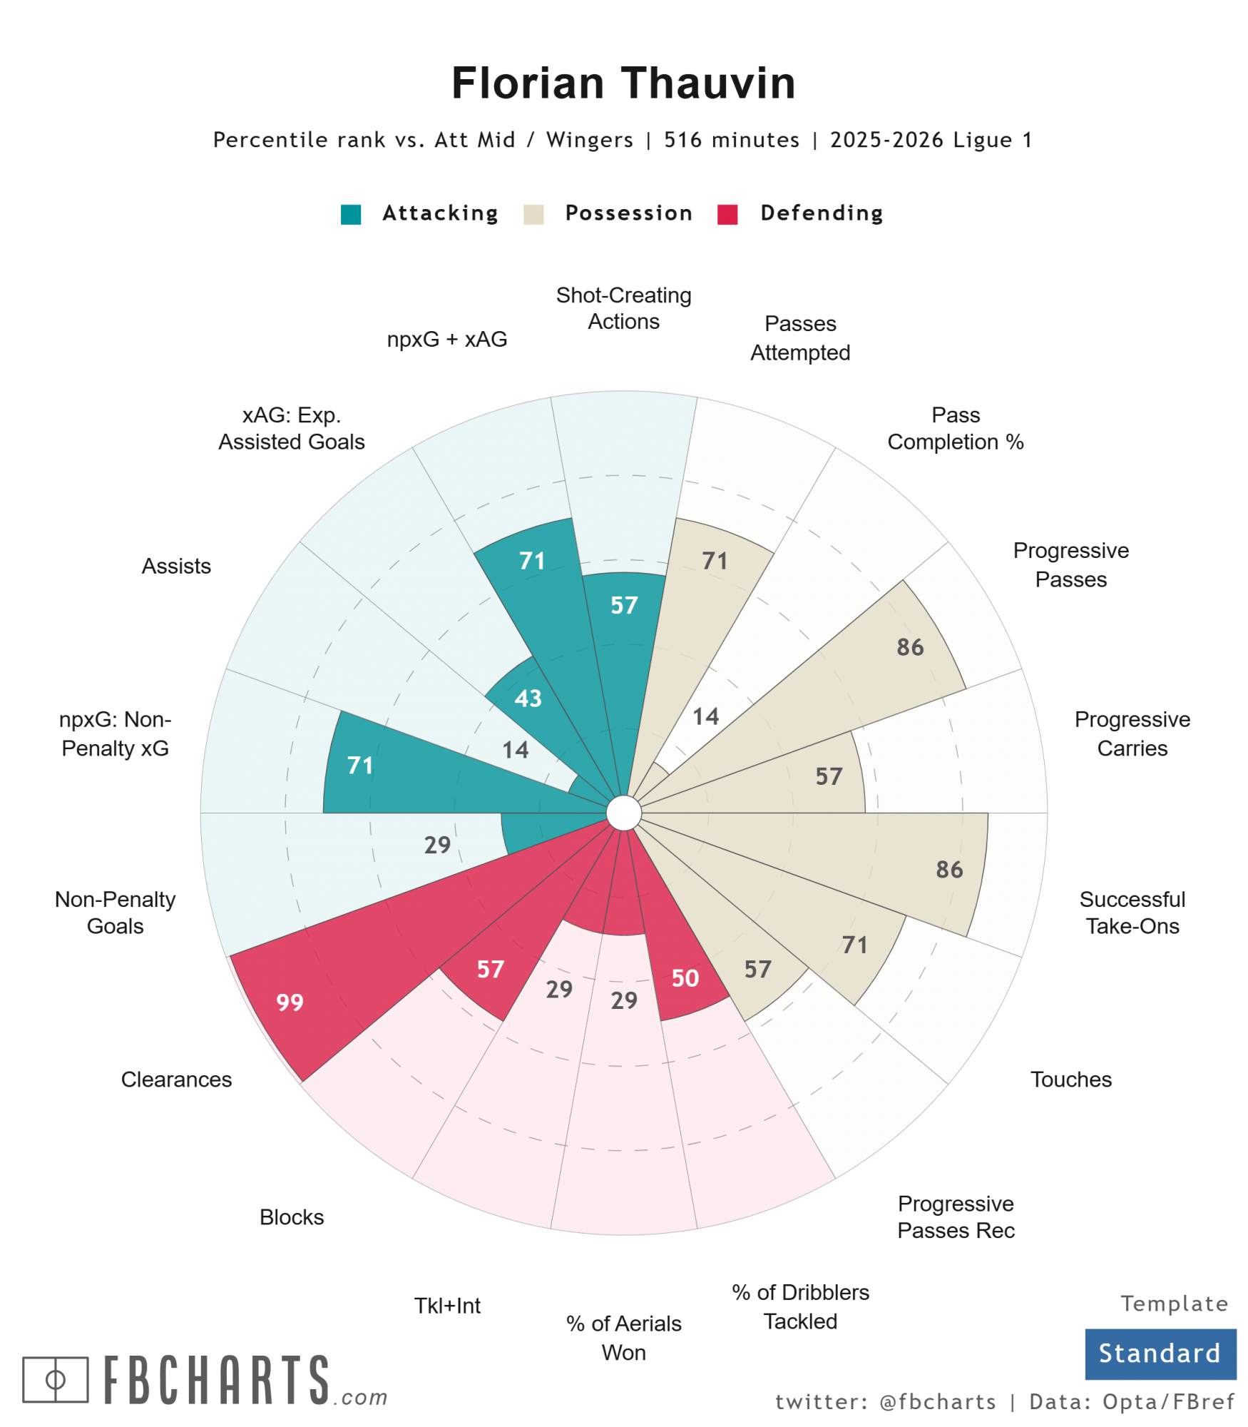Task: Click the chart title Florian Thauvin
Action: tap(623, 83)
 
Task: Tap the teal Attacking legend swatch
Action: tap(351, 214)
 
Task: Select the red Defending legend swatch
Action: tap(727, 214)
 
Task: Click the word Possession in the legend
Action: tap(628, 213)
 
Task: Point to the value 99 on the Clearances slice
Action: tap(290, 1002)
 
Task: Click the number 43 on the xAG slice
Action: tap(528, 698)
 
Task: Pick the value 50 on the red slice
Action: tap(685, 977)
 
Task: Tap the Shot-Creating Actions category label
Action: tap(623, 308)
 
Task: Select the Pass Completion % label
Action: tap(955, 428)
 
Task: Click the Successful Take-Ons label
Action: tap(1132, 912)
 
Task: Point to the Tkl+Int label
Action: tap(447, 1305)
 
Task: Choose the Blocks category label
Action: tap(292, 1217)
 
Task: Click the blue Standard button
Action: tap(1160, 1353)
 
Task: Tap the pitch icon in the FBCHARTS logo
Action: tap(56, 1379)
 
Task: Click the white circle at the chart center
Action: tap(623, 813)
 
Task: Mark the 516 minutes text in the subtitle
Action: tap(731, 140)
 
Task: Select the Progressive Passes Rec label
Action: tap(955, 1217)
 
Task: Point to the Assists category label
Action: tap(176, 566)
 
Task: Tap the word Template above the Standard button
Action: tap(1174, 1303)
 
